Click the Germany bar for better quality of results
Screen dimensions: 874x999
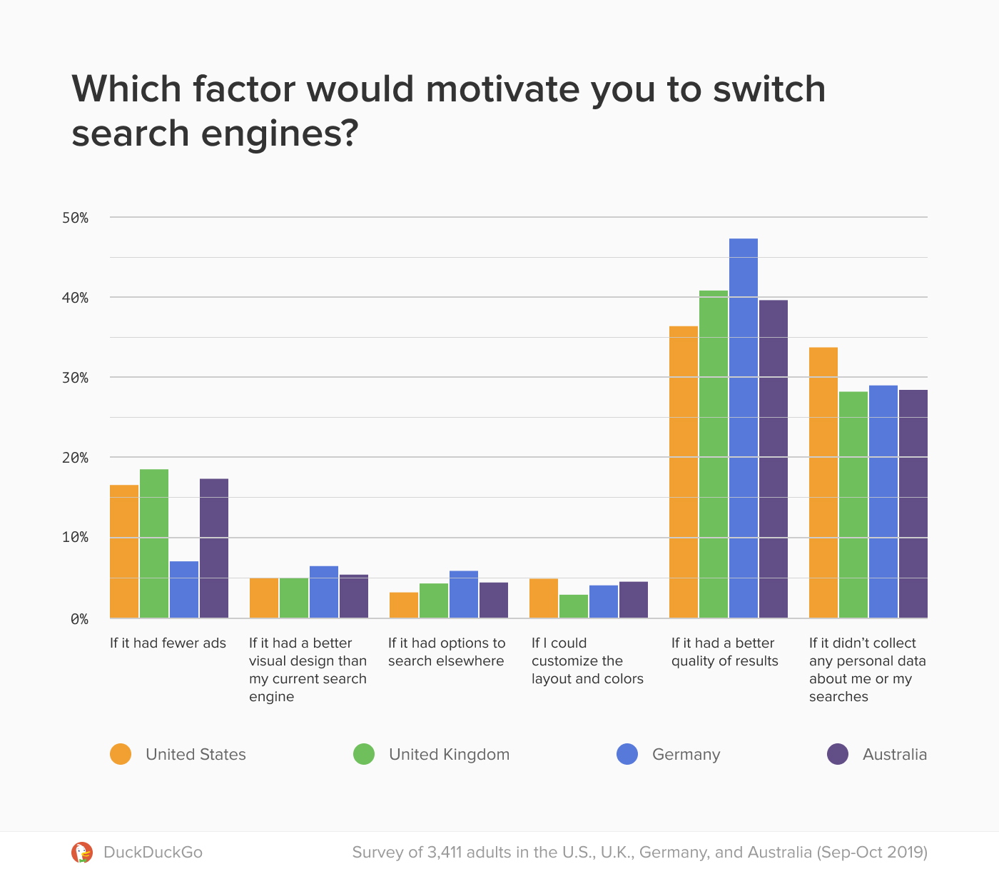pyautogui.click(x=744, y=428)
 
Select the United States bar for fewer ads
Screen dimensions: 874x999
pyautogui.click(x=124, y=551)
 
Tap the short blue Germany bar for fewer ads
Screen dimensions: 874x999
pyautogui.click(x=184, y=590)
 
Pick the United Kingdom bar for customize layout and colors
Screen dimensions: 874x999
pyautogui.click(x=574, y=606)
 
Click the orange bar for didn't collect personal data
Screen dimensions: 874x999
pyautogui.click(x=823, y=483)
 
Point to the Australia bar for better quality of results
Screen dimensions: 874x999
pyautogui.click(x=774, y=459)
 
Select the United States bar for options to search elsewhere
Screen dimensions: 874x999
pyautogui.click(x=404, y=606)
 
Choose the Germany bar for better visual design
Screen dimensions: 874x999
pyautogui.click(x=324, y=592)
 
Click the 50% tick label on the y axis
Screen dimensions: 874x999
pyautogui.click(x=75, y=218)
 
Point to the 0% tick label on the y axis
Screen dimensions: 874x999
pyautogui.click(x=78, y=619)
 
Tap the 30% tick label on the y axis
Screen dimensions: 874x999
pyautogui.click(x=75, y=378)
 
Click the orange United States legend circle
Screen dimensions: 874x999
pyautogui.click(x=121, y=754)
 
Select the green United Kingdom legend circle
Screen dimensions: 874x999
pyautogui.click(x=364, y=754)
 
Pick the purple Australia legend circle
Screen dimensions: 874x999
pyautogui.click(x=838, y=754)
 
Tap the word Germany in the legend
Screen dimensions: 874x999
pyautogui.click(x=686, y=754)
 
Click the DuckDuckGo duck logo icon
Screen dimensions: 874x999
pyautogui.click(x=82, y=852)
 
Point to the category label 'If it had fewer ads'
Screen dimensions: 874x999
pyautogui.click(x=168, y=643)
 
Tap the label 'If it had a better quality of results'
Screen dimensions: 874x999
pyautogui.click(x=724, y=652)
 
